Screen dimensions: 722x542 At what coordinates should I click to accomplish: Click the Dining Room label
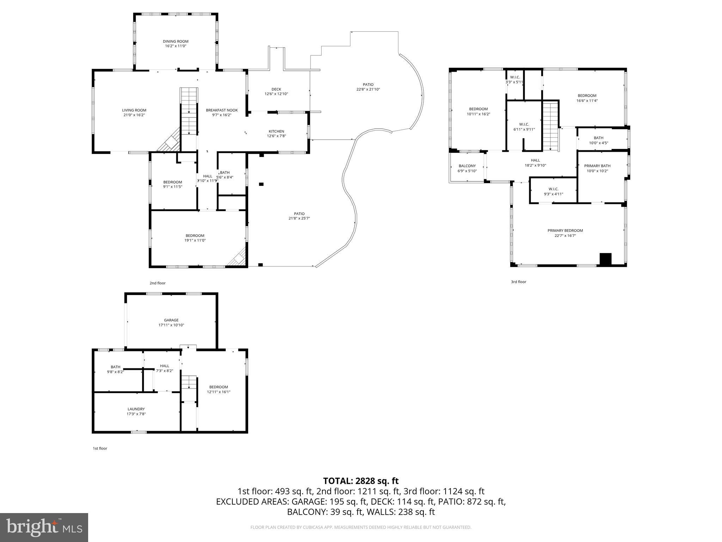tap(176, 41)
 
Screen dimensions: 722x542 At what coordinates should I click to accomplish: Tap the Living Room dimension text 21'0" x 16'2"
tap(134, 115)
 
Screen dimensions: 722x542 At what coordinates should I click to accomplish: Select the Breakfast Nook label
tap(222, 110)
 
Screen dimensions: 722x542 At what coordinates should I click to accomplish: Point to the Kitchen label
tap(276, 131)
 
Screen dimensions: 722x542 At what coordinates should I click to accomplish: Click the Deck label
tap(276, 89)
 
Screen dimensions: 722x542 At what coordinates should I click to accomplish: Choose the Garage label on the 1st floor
tap(171, 320)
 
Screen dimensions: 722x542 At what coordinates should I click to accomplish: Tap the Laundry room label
tap(136, 409)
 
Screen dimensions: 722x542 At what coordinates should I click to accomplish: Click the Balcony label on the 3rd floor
tap(467, 166)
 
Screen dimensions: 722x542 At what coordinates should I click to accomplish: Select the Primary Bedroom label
tap(565, 230)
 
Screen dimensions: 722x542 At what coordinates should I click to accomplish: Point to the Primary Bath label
tap(597, 166)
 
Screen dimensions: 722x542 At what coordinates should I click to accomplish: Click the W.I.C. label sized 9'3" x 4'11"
tap(553, 189)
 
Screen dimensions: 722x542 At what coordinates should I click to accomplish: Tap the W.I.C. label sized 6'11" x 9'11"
tap(524, 124)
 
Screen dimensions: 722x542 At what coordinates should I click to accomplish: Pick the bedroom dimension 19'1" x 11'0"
tap(195, 240)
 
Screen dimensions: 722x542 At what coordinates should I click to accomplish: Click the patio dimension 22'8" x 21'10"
tap(368, 89)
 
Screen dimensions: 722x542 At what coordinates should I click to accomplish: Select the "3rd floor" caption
tap(519, 282)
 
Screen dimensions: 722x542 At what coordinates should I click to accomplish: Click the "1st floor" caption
tap(100, 448)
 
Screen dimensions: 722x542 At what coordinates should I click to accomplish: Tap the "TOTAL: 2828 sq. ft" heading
tap(361, 481)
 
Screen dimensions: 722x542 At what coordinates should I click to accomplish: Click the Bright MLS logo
tap(44, 528)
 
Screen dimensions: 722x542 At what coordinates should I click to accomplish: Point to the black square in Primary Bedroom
tap(606, 259)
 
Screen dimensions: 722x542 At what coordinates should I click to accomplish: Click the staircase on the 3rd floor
tap(550, 126)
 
